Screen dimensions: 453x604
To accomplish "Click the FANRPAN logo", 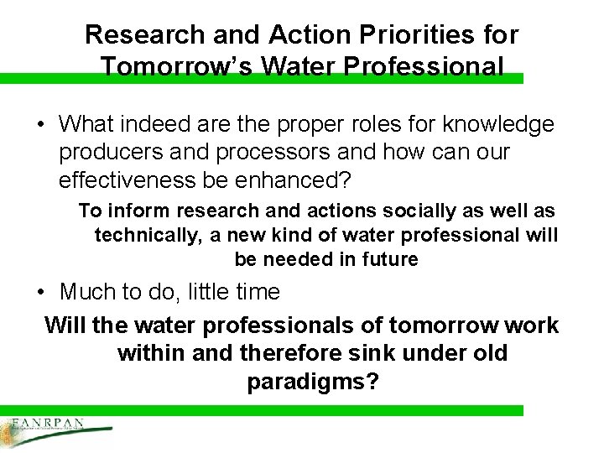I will coord(50,430).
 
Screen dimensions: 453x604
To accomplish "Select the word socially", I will coord(414,211).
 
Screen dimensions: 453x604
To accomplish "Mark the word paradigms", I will coord(312,382).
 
